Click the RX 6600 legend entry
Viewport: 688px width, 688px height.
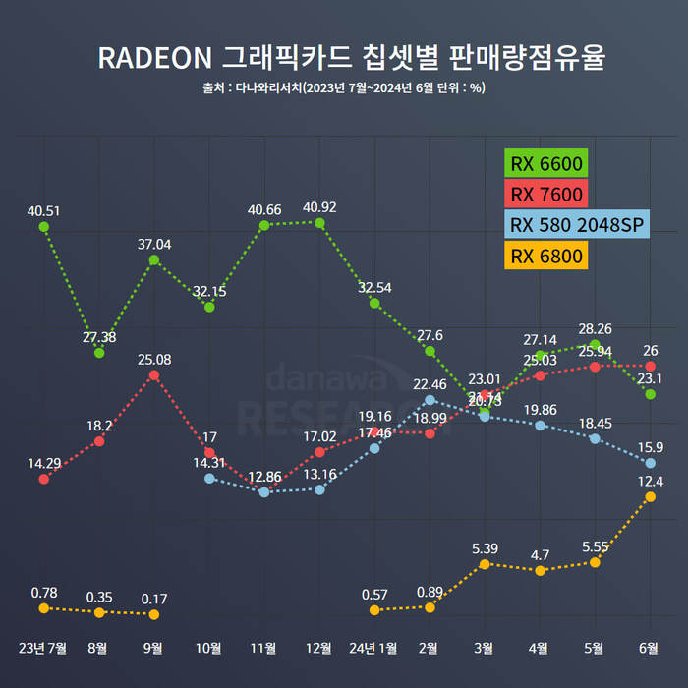click(x=546, y=162)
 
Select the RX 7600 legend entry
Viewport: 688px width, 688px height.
click(x=546, y=194)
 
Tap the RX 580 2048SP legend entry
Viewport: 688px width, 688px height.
click(x=575, y=225)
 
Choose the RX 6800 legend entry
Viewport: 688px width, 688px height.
click(x=546, y=257)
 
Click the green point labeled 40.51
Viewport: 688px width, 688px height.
click(x=43, y=226)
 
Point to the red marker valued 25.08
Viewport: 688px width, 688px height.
click(x=154, y=375)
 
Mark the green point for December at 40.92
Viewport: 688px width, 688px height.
click(x=319, y=222)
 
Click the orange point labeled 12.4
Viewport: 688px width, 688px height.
click(x=650, y=497)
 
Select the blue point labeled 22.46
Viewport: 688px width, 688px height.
click(x=430, y=400)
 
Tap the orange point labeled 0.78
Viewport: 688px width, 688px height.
click(x=43, y=608)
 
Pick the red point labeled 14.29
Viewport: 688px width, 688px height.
click(x=43, y=479)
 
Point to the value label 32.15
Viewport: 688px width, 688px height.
click(x=209, y=291)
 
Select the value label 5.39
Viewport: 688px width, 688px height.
click(x=485, y=547)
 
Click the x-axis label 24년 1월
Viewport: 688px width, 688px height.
click(x=374, y=649)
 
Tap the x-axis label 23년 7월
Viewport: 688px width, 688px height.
click(x=43, y=649)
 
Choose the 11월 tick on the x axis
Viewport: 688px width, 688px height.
click(x=264, y=649)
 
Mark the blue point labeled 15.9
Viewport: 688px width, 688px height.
click(x=650, y=463)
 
